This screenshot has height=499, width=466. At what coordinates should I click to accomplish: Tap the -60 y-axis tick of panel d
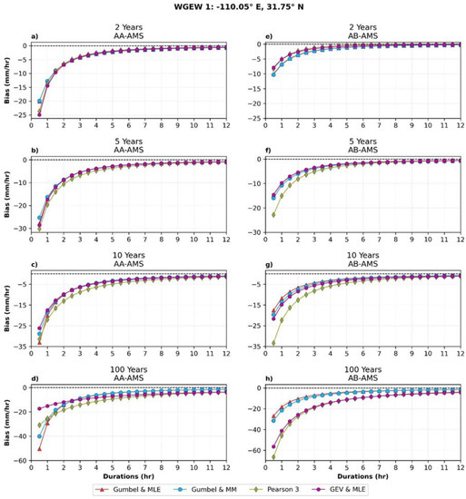[20, 461]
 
